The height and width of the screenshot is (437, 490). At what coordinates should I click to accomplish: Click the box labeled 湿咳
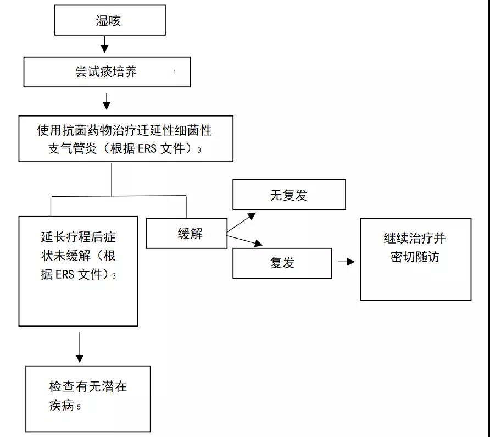[x=109, y=21]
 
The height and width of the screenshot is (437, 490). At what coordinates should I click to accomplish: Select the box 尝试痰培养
[x=107, y=72]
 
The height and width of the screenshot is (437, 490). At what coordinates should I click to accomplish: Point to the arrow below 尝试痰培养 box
[x=107, y=101]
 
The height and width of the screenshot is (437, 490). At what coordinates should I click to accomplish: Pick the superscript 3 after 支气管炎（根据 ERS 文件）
[x=199, y=150]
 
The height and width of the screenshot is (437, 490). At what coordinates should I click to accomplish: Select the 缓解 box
[x=186, y=234]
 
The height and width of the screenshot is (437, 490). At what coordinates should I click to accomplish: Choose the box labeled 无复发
[x=289, y=195]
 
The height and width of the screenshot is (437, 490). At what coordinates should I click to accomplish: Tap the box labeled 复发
[x=282, y=263]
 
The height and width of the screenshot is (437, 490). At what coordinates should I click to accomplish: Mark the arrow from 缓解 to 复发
[x=246, y=241]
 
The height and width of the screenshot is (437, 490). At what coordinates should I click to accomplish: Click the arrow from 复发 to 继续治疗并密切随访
[x=346, y=262]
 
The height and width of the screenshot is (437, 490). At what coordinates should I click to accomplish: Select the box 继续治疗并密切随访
[x=415, y=259]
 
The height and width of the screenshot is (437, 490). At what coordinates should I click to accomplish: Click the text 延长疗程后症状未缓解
[x=79, y=256]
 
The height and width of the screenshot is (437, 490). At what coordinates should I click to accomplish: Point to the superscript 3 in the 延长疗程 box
[x=114, y=276]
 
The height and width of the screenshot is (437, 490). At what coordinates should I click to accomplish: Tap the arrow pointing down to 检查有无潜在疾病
[x=80, y=346]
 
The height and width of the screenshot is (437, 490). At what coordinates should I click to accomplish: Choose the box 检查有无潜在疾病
[x=88, y=399]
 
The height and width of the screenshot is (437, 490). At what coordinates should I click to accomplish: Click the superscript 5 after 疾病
[x=79, y=407]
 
